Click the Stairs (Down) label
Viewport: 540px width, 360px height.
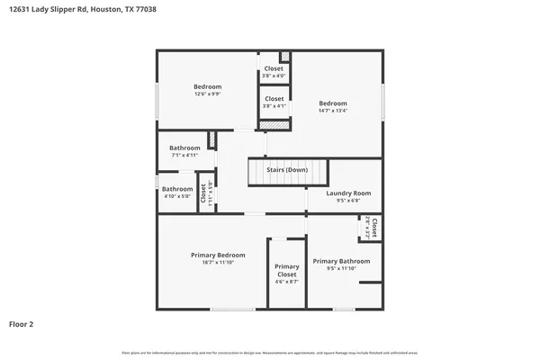point(287,169)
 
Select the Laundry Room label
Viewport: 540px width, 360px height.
point(348,193)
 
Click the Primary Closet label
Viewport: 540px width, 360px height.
point(287,270)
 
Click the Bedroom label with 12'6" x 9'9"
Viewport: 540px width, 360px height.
point(207,86)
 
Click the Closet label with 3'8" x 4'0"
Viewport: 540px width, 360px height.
point(274,68)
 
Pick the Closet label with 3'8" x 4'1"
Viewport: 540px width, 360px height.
point(274,98)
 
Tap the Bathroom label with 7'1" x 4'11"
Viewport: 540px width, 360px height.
point(184,148)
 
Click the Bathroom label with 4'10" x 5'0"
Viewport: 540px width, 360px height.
point(177,189)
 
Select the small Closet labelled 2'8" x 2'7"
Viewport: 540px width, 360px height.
point(373,227)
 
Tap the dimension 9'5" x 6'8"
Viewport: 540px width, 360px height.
point(348,201)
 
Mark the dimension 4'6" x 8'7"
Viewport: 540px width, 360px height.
point(287,282)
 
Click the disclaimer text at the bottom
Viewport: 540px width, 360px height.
point(270,352)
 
